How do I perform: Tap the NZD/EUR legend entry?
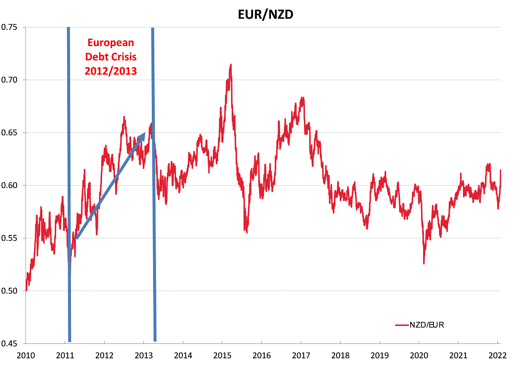(426, 325)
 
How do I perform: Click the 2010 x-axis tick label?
(25, 356)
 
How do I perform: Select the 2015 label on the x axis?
(222, 356)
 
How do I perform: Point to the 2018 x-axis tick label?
(340, 356)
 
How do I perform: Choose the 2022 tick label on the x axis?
(498, 356)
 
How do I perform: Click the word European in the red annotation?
(111, 42)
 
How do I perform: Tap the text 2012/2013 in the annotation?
(111, 71)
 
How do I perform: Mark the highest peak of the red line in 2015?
(230, 64)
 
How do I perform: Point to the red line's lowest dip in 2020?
(424, 263)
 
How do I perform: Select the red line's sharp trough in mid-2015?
(247, 232)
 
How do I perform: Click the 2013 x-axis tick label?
(143, 356)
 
